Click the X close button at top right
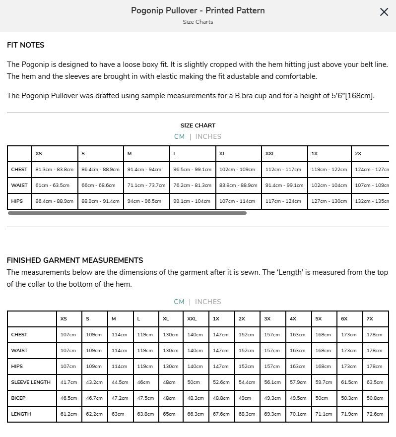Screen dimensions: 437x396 384,12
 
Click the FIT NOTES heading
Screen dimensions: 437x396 26,45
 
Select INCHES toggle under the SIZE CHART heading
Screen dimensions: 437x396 208,136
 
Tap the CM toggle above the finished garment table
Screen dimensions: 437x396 179,302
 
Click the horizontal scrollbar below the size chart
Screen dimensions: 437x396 127,213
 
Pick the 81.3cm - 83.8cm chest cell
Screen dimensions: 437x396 55,170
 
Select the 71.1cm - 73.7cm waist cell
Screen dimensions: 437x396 146,186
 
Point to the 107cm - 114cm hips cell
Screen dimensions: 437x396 237,201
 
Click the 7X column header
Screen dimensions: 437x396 370,319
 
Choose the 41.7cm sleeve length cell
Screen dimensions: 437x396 68,382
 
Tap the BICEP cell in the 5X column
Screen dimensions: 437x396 322,398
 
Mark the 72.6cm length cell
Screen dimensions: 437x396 375,414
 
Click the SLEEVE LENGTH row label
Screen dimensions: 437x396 31,382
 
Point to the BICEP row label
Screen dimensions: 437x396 18,398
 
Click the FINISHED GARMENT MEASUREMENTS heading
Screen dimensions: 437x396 75,260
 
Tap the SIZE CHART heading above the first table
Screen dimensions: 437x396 198,125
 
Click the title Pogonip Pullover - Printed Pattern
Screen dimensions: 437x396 198,10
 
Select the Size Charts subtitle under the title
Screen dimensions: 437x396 198,22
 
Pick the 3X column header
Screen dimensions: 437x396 267,319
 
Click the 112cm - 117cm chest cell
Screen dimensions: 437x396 283,170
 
